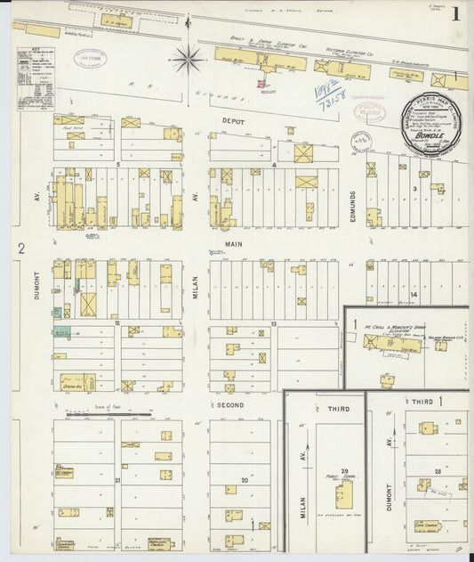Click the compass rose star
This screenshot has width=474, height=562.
[x=187, y=60]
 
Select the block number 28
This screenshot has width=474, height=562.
[x=437, y=469]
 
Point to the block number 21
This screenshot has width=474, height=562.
[x=117, y=480]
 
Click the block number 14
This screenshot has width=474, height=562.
[x=413, y=293]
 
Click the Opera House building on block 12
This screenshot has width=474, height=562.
[x=76, y=382]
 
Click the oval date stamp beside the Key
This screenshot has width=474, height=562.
[x=89, y=58]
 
